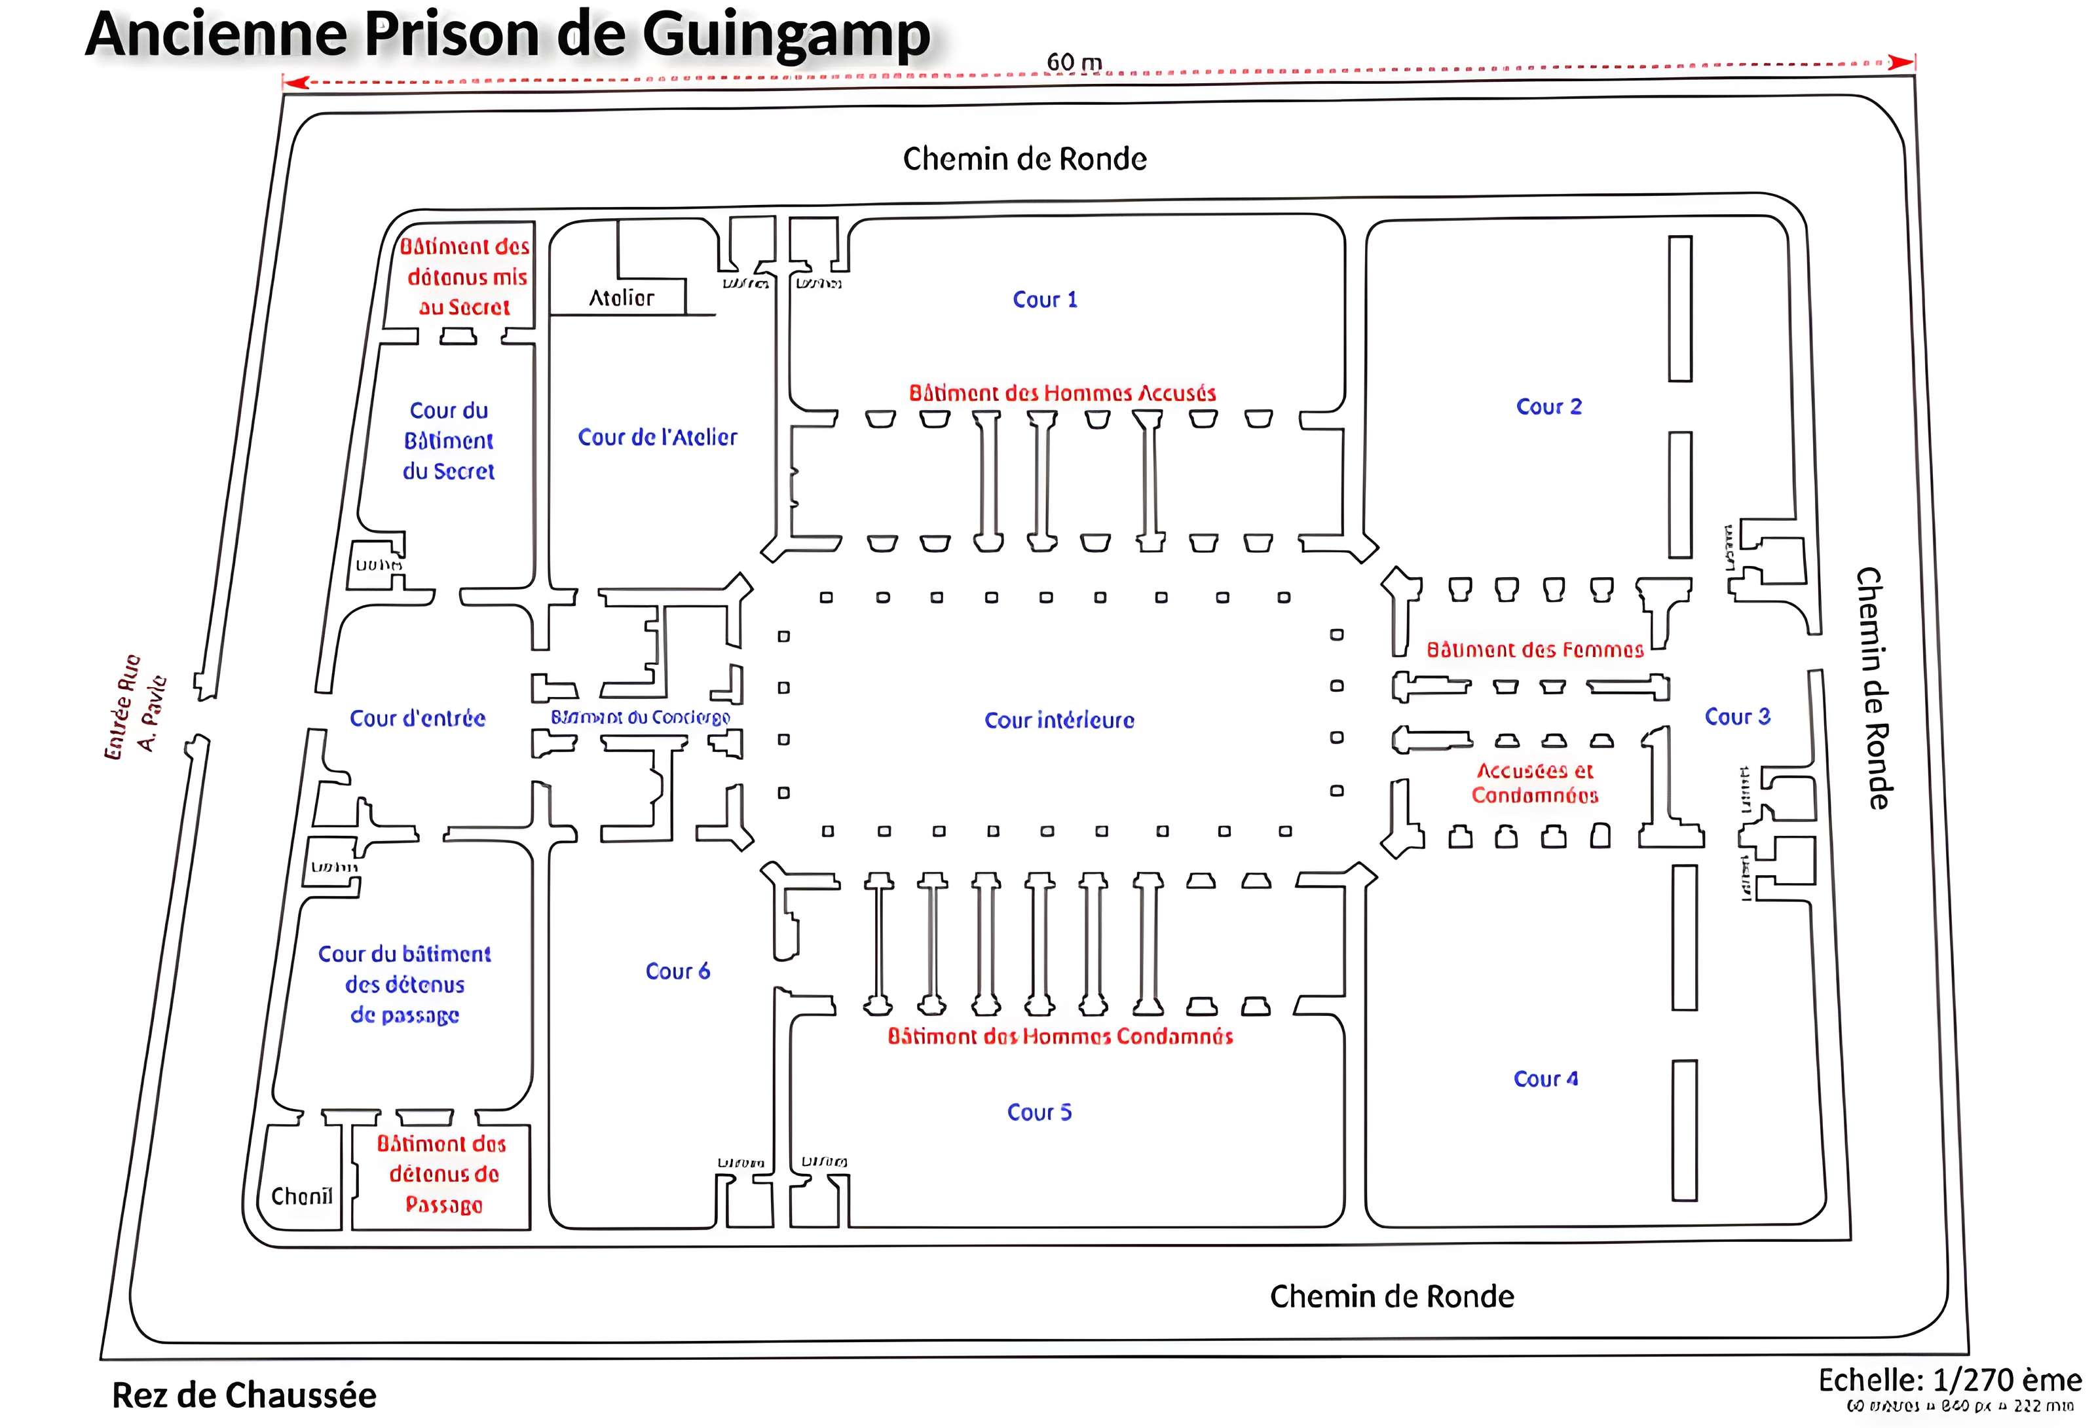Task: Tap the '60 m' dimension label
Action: (1074, 62)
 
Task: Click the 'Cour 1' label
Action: (1044, 299)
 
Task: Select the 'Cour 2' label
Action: (1548, 407)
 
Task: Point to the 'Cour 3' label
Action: (1737, 716)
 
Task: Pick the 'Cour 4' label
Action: (1545, 1079)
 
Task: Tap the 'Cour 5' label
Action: (1039, 1112)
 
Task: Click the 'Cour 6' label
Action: (677, 971)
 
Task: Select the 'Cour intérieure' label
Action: (1059, 720)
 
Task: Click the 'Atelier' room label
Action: (622, 297)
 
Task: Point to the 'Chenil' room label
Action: (301, 1196)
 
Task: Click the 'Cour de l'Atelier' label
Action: (658, 438)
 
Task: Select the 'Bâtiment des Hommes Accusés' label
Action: (1062, 393)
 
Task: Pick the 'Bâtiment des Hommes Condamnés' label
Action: (1060, 1036)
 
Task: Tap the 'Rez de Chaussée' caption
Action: (244, 1395)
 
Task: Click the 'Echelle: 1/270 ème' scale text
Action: (1949, 1380)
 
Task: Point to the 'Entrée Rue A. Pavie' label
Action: (136, 706)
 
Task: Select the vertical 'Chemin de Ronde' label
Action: (1871, 687)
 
